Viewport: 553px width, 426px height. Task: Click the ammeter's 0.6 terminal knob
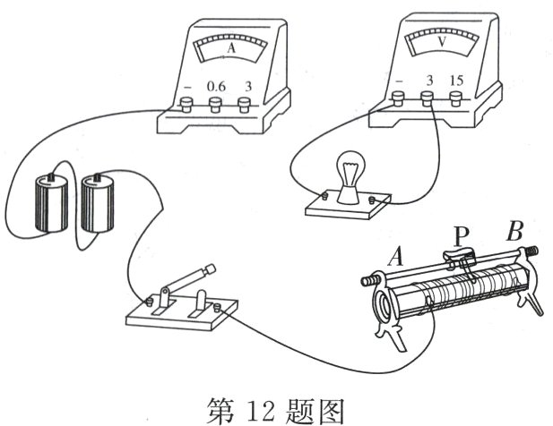tap(215, 106)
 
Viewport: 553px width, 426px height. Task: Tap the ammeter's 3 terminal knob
tap(244, 105)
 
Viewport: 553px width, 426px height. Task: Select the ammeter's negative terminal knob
tap(187, 106)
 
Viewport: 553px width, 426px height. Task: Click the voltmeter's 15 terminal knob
tap(458, 99)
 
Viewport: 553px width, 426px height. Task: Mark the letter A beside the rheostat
tap(397, 259)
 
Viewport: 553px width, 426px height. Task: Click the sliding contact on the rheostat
tap(462, 260)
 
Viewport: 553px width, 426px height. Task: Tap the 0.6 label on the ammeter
tap(216, 86)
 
